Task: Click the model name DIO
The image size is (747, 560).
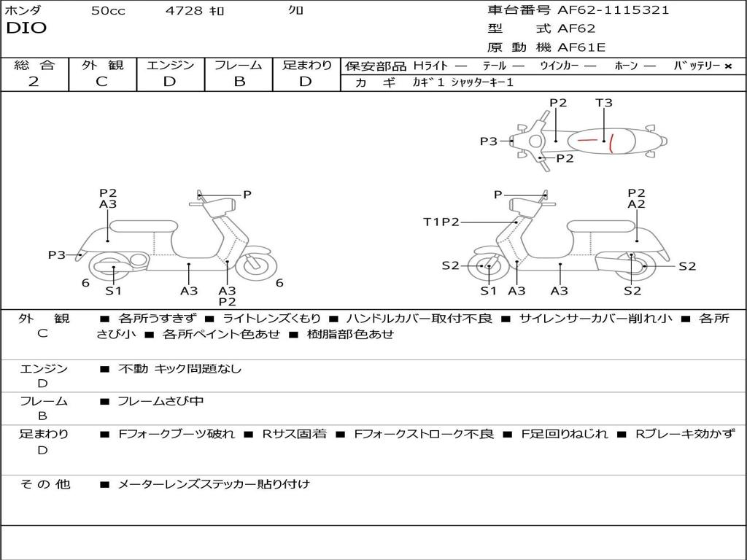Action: [x=26, y=28]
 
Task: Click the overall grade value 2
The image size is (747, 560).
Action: [x=34, y=82]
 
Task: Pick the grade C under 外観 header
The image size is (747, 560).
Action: [x=102, y=82]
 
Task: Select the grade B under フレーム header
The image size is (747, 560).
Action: [x=239, y=82]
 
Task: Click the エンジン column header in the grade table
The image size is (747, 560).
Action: [x=170, y=65]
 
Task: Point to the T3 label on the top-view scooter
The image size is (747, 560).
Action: [x=603, y=103]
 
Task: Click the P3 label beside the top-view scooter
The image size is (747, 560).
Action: [x=488, y=141]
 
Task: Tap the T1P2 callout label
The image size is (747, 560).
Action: [x=441, y=222]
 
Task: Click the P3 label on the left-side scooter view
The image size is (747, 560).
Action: [x=57, y=255]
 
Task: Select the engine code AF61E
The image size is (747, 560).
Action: [x=581, y=47]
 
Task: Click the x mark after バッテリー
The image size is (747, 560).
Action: [x=727, y=66]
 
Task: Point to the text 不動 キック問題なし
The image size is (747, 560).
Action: [x=179, y=369]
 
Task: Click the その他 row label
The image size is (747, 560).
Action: [x=44, y=483]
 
